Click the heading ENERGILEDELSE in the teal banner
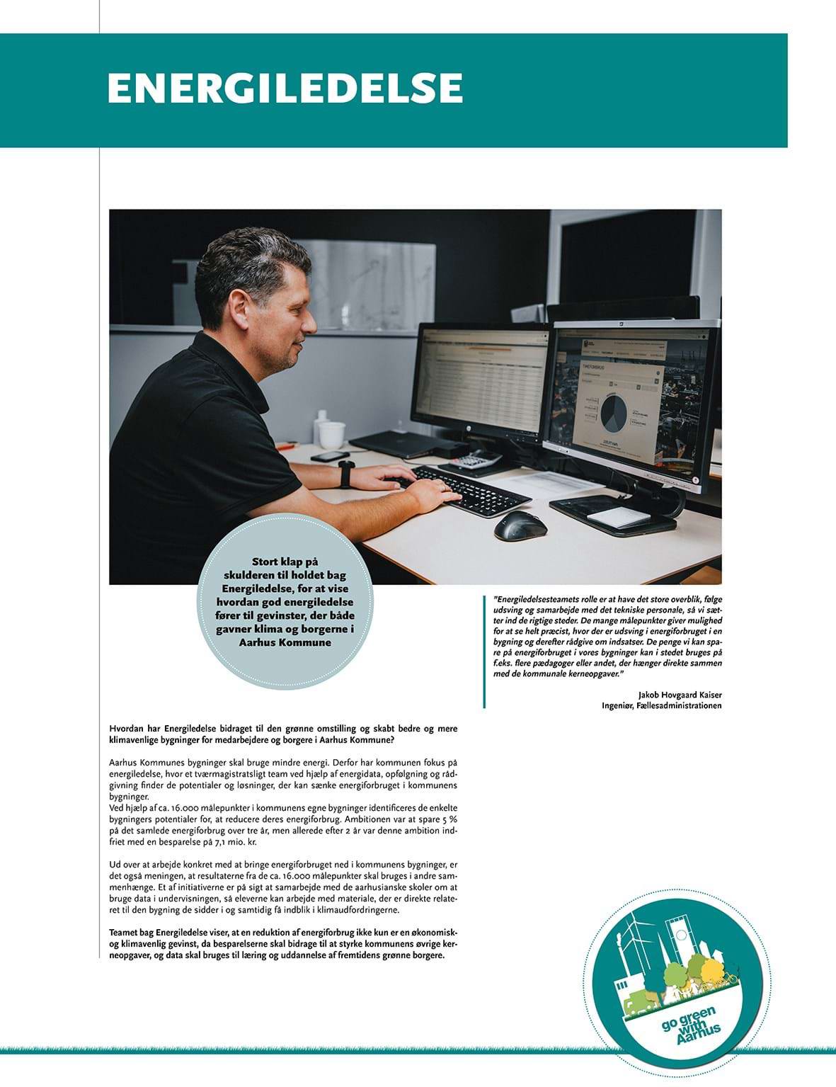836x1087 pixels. point(285,88)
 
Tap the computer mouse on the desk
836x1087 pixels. point(520,525)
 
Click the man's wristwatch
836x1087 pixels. point(346,474)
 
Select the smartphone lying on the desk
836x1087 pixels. point(330,456)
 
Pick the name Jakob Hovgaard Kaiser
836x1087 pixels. point(680,695)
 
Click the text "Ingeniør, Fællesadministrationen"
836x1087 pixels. point(661,705)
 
